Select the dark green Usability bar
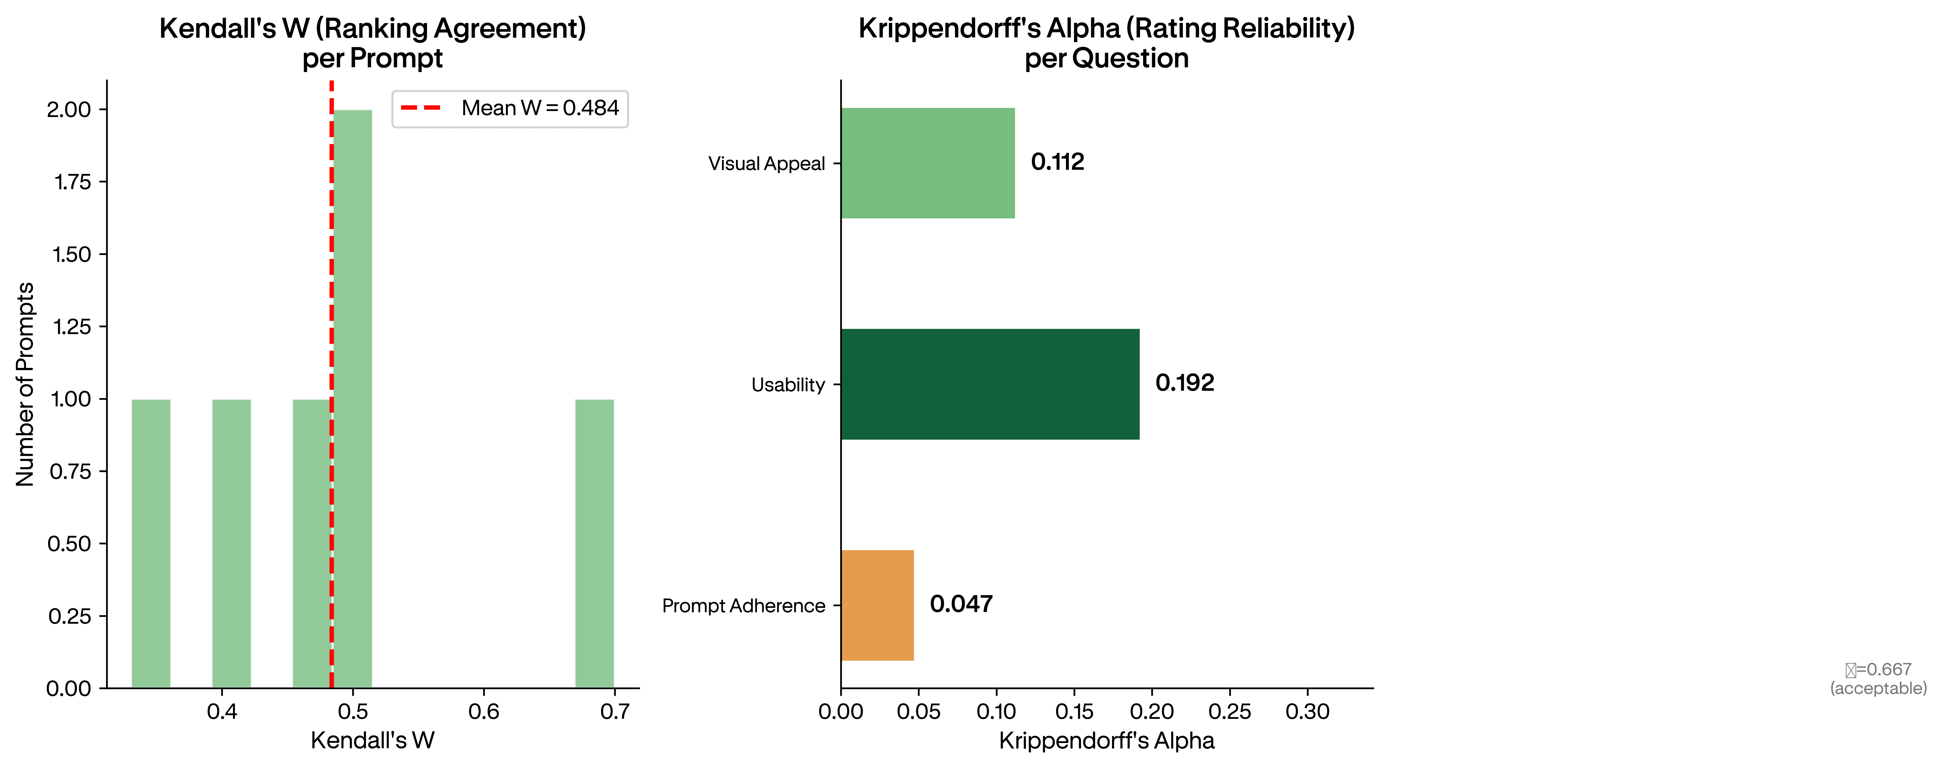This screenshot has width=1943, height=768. coord(990,384)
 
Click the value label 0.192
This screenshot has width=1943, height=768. coord(1184,382)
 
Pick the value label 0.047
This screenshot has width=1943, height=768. coord(961,603)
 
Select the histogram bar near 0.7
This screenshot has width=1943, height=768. coord(594,543)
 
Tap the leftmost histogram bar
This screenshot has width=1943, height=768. coord(151,543)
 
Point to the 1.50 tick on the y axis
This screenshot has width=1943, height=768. coord(72,254)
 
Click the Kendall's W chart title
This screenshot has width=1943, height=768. coord(373,43)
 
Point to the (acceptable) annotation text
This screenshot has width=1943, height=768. coord(1878,688)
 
